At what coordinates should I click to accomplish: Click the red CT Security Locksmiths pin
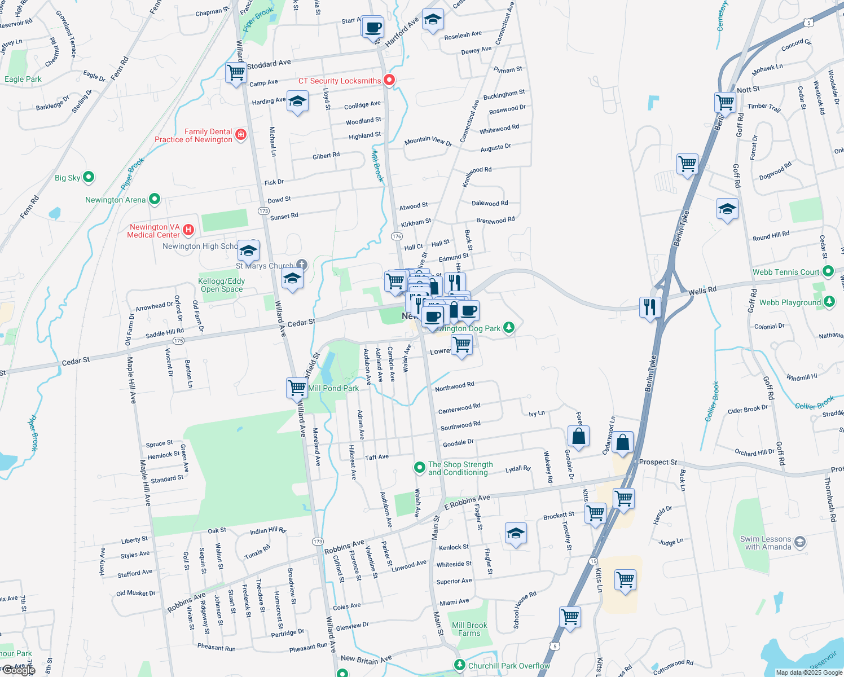(389, 80)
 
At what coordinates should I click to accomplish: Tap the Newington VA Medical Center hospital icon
(189, 230)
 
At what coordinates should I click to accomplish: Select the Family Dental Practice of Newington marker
(241, 134)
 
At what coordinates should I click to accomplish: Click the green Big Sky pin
(89, 177)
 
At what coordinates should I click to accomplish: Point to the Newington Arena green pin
(155, 199)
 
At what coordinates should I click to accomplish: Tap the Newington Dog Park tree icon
(509, 327)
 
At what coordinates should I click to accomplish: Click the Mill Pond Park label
(333, 388)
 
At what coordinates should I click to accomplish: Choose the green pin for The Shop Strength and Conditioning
(419, 467)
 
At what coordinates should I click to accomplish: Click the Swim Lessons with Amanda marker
(800, 543)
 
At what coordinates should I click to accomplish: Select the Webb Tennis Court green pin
(828, 271)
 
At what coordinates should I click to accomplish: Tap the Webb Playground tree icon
(829, 302)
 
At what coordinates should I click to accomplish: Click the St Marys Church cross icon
(302, 265)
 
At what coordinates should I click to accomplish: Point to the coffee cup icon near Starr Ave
(372, 27)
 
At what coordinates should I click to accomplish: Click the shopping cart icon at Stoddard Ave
(236, 72)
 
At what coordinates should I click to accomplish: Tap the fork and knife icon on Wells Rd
(650, 307)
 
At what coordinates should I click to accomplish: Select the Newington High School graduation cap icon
(248, 250)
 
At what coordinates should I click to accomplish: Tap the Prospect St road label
(658, 462)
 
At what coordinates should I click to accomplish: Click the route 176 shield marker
(397, 236)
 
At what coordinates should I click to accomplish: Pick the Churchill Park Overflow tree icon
(460, 665)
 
